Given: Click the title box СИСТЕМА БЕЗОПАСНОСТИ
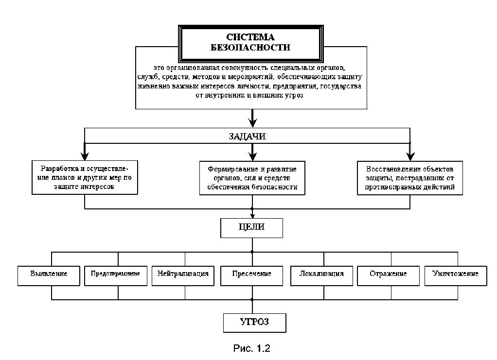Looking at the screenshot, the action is tap(251, 43).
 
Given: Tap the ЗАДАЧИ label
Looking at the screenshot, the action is tap(247, 137).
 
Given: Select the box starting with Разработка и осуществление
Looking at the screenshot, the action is tap(85, 177).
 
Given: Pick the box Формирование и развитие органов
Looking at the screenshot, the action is tap(252, 178).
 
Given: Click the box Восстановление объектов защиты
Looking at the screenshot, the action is tap(410, 178).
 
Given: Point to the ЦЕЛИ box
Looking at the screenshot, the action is tap(252, 228).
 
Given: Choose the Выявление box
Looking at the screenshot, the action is tap(49, 276).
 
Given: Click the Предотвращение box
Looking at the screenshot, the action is tap(116, 276).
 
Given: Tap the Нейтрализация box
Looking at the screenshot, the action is tap(183, 276).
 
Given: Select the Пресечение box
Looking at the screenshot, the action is tap(252, 276).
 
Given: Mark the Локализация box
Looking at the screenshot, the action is tap(322, 276).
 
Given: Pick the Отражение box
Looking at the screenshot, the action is tap(388, 276).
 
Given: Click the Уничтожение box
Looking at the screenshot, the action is tap(456, 276).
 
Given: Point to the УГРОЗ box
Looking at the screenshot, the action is tap(254, 323).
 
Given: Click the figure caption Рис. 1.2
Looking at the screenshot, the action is tap(252, 348).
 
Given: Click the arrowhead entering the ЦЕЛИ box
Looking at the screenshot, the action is tap(252, 216).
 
